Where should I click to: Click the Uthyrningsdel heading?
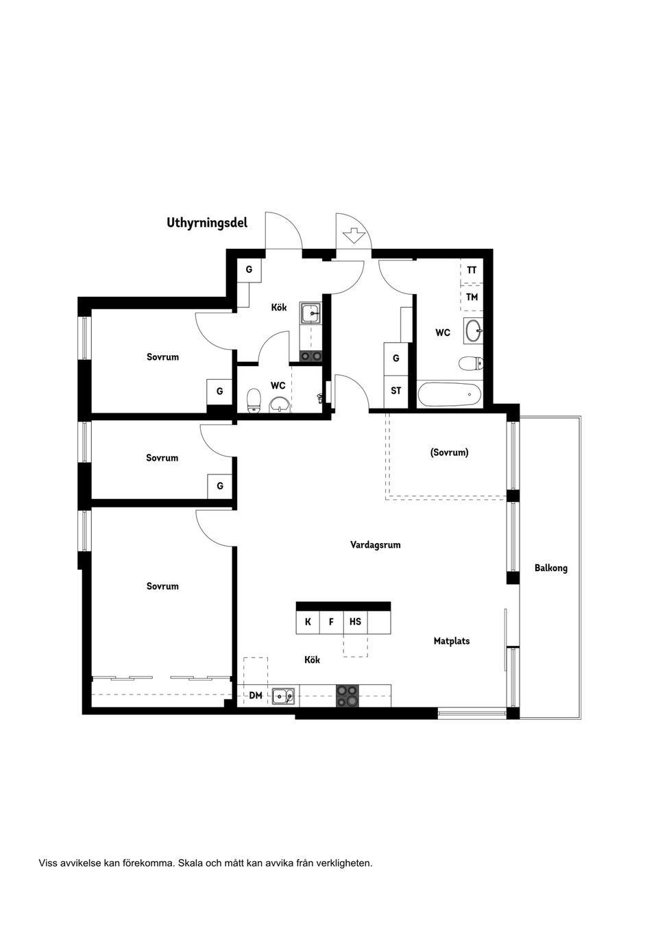pos(207,223)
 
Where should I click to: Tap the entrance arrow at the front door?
pos(354,236)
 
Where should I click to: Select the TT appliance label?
pos(472,270)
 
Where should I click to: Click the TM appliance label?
pos(472,297)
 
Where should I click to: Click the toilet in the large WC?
pos(469,363)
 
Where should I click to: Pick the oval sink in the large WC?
pos(474,331)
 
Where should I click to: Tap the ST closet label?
pos(395,391)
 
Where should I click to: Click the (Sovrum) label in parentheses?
pos(449,452)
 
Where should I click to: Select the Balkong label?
pos(550,568)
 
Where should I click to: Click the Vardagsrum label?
pos(375,545)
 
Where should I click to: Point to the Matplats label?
pos(452,641)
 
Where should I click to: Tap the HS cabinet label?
pos(355,622)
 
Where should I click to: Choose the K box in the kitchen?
pos(308,622)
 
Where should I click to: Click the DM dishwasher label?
pos(256,696)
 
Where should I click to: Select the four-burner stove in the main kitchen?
pos(347,696)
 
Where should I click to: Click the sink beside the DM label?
pos(282,697)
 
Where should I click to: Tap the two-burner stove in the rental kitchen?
pos(311,356)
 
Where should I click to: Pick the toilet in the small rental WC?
pos(254,400)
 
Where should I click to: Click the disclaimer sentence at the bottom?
pos(206,863)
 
